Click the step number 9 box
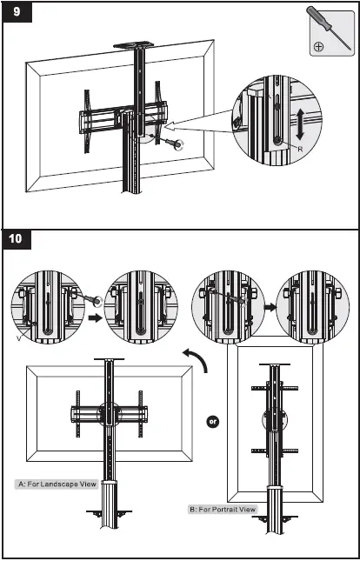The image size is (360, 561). pyautogui.click(x=17, y=12)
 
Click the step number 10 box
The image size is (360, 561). pyautogui.click(x=17, y=238)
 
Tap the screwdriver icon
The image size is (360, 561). pyautogui.click(x=329, y=28)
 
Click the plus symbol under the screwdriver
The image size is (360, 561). pyautogui.click(x=318, y=46)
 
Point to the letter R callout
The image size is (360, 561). pyautogui.click(x=300, y=150)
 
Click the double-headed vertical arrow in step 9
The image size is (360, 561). pyautogui.click(x=300, y=125)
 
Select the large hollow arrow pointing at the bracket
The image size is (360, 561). pyautogui.click(x=200, y=123)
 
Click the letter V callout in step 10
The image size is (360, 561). pyautogui.click(x=18, y=337)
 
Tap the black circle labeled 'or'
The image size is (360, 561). pyautogui.click(x=212, y=422)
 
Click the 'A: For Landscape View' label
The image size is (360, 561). pyautogui.click(x=57, y=484)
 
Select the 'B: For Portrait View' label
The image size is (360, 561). pyautogui.click(x=223, y=509)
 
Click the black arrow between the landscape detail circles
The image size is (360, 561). pyautogui.click(x=95, y=318)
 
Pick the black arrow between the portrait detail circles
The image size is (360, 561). pyautogui.click(x=270, y=307)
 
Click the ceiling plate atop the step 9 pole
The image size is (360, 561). pyautogui.click(x=134, y=44)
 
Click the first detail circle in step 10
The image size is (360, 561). pyautogui.click(x=48, y=307)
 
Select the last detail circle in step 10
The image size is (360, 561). pyautogui.click(x=312, y=307)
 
